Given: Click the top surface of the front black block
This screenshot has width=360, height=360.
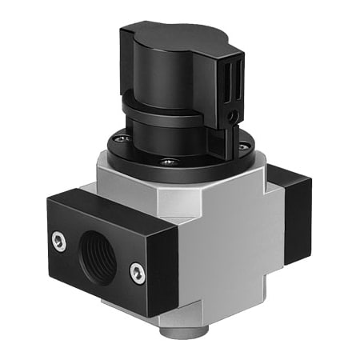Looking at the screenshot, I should click(x=120, y=210).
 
